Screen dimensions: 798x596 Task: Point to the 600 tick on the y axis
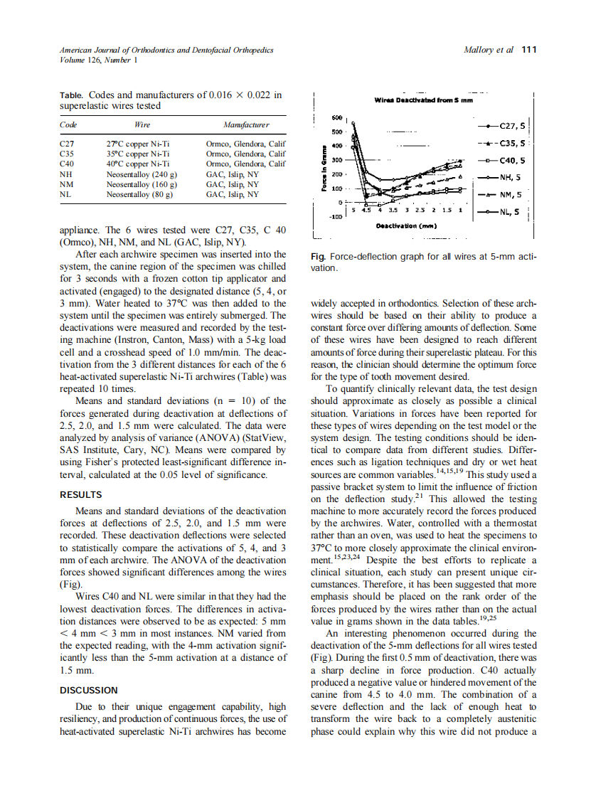click(x=337, y=117)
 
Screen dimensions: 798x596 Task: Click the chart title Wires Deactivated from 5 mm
click(x=423, y=100)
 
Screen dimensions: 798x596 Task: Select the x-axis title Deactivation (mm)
click(x=406, y=225)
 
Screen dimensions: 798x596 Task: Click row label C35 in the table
click(x=67, y=153)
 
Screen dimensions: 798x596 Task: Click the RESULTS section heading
click(x=80, y=494)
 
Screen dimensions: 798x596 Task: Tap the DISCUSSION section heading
click(x=89, y=690)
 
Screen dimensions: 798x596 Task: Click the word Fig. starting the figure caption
click(x=319, y=257)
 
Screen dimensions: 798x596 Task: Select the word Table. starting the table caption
click(x=72, y=95)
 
